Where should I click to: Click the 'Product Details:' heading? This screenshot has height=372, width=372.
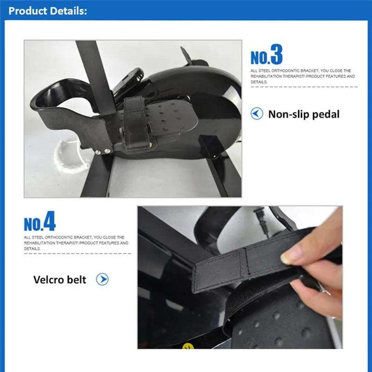click(48, 11)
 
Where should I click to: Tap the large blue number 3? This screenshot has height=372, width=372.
click(276, 54)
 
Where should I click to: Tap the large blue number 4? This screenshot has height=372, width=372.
click(49, 221)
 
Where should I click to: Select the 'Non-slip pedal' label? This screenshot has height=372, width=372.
click(304, 114)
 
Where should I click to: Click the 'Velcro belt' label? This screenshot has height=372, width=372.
click(60, 279)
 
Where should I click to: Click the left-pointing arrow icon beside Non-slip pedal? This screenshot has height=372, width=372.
click(257, 113)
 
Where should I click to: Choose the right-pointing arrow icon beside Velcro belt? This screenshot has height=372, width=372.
click(102, 279)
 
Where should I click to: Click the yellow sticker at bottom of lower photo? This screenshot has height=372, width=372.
click(188, 346)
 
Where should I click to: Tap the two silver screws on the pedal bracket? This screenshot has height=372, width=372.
click(103, 152)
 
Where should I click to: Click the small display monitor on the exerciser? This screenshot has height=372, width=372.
click(128, 80)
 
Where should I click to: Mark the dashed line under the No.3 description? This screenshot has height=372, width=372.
click(304, 87)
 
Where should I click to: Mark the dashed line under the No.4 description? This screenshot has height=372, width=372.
click(77, 253)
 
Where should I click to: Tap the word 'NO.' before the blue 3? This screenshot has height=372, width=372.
click(260, 58)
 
